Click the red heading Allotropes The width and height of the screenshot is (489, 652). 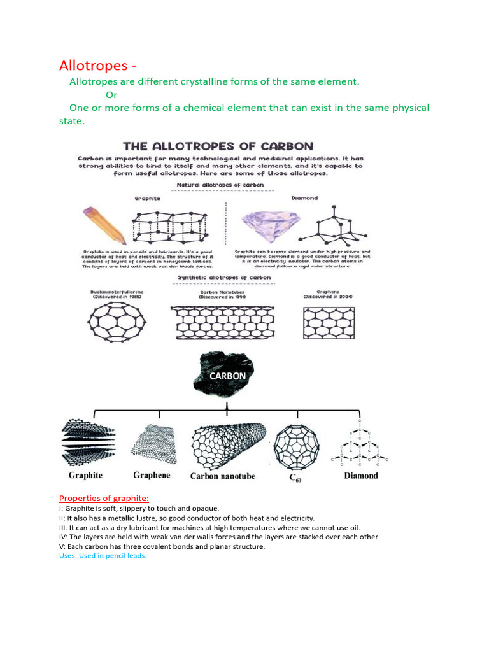coord(97,66)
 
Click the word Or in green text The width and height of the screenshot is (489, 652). coord(111,95)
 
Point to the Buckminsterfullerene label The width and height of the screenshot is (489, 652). coord(115,294)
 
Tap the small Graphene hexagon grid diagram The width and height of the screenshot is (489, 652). coord(328,323)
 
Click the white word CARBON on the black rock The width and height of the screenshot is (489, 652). coord(227,376)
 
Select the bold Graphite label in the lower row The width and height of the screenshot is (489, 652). coord(85,475)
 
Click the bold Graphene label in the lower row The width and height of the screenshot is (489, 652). coord(152,475)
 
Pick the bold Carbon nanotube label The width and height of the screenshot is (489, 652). coord(222,476)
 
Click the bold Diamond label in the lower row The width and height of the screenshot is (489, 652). coord(360,475)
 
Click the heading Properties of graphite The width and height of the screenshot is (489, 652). coord(104,498)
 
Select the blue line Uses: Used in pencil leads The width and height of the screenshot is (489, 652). coord(103,556)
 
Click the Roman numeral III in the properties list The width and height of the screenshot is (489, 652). coord(63,527)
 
